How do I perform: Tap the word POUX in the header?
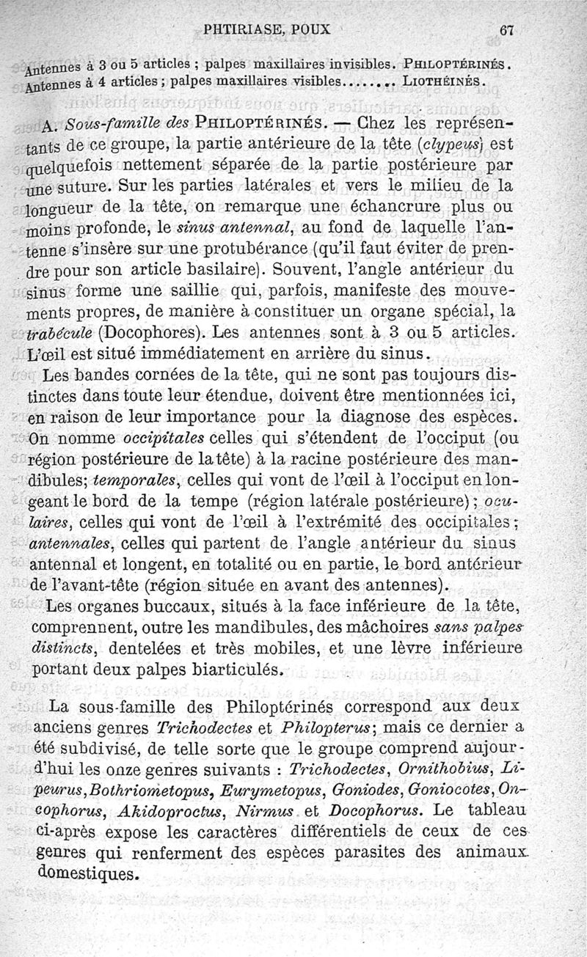point(311,30)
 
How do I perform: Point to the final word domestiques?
point(86,874)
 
